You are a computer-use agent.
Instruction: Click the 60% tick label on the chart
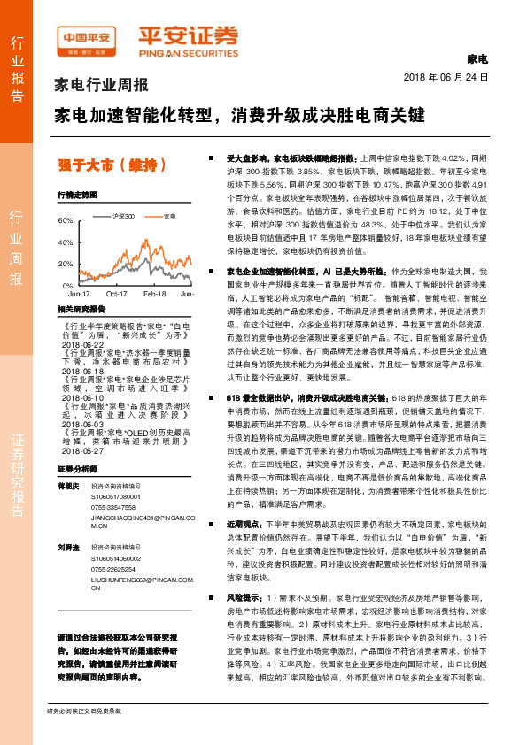point(65,219)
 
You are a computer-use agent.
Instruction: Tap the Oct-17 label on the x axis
point(117,293)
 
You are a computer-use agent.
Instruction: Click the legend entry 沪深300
point(123,216)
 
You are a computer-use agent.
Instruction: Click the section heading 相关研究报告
point(81,309)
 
